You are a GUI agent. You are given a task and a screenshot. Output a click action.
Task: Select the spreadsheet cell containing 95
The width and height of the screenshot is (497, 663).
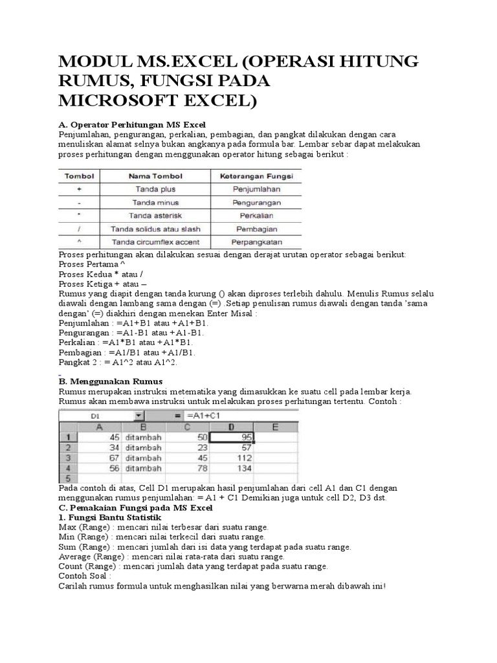pyautogui.click(x=233, y=437)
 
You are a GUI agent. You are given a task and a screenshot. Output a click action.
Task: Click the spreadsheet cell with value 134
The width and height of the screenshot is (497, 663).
pyautogui.click(x=233, y=468)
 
